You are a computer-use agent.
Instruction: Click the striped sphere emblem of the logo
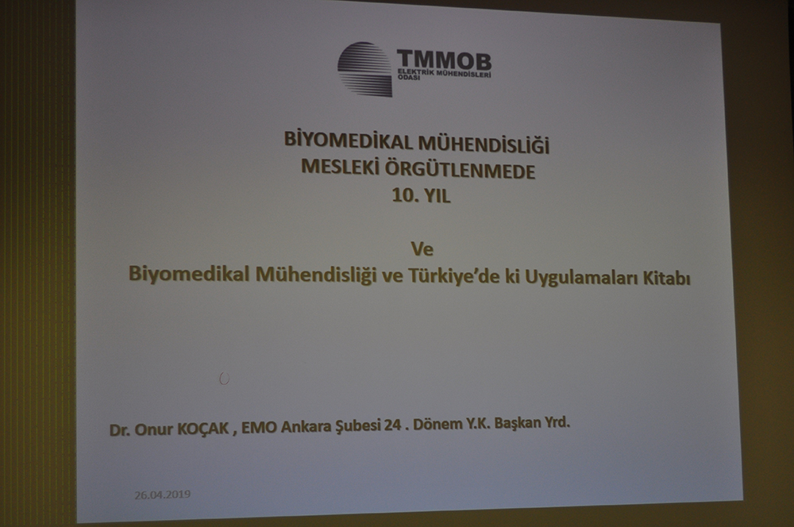[x=365, y=69]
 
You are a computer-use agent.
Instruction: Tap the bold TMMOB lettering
[x=444, y=60]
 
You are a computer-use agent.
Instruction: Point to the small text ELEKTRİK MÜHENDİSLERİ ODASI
[x=445, y=75]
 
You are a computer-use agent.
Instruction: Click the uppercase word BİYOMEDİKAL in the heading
[x=349, y=140]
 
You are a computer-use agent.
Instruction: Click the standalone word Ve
[x=422, y=248]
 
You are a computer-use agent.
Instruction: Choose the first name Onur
[x=153, y=430]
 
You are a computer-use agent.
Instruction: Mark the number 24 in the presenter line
[x=392, y=425]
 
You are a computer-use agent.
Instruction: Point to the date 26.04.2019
[x=163, y=494]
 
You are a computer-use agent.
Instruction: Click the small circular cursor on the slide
[x=225, y=379]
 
